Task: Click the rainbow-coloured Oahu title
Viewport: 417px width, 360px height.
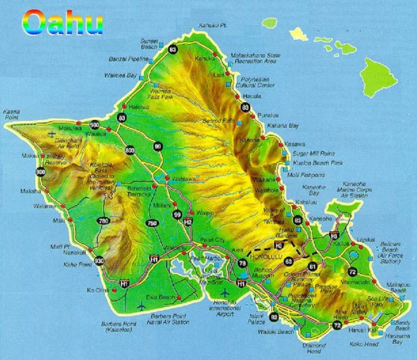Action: click(63, 22)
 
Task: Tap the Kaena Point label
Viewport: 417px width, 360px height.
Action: click(11, 114)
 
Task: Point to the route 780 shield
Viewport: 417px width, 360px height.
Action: click(103, 221)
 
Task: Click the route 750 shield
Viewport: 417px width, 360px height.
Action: click(152, 223)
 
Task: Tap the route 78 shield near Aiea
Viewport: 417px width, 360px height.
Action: click(242, 263)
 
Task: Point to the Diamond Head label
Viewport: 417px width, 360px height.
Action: click(314, 348)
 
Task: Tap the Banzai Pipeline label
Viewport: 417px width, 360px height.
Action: click(128, 59)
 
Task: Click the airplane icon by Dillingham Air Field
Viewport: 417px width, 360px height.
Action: click(52, 134)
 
